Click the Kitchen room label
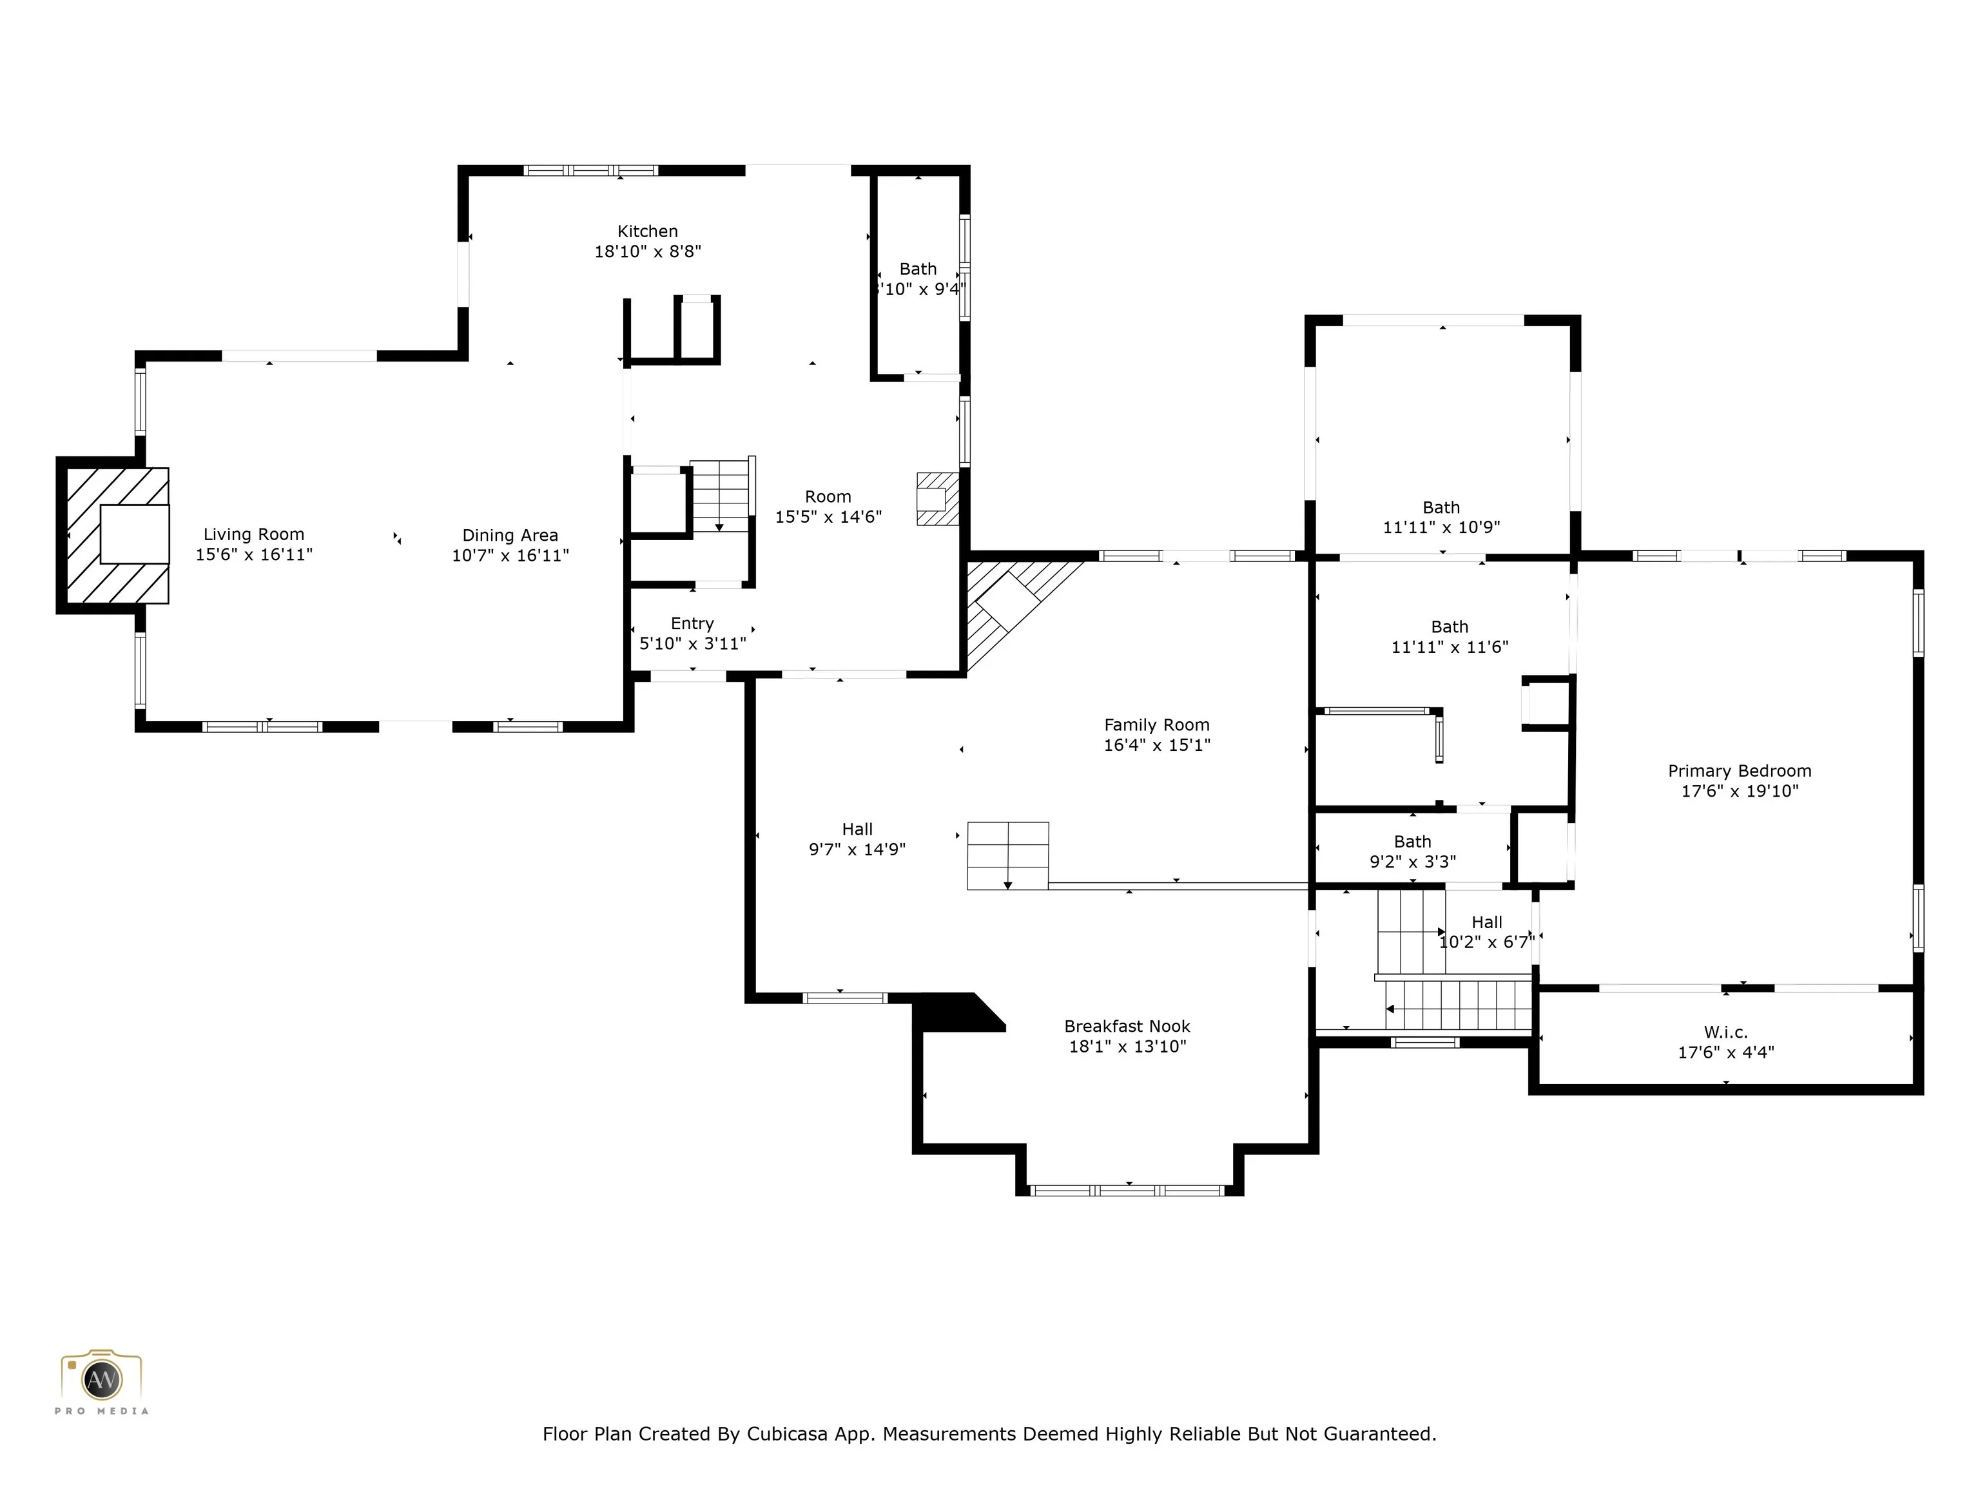(647, 231)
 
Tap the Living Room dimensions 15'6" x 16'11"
(254, 555)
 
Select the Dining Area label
(510, 535)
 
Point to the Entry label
(692, 624)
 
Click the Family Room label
(1156, 725)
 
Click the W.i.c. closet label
(1726, 1032)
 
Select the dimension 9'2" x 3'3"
(1413, 862)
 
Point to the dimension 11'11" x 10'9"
(1441, 527)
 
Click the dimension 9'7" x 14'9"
(857, 849)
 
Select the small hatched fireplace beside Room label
(937, 499)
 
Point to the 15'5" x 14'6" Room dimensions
(828, 516)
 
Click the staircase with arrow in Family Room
(1008, 856)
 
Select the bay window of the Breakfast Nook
(1128, 1190)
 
